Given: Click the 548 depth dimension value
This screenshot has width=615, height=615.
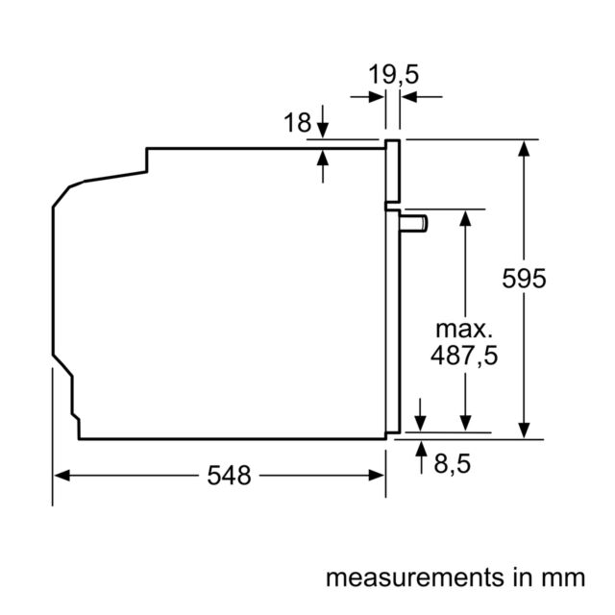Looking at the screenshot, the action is pyautogui.click(x=229, y=476).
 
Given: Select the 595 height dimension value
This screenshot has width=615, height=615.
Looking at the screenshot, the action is pyautogui.click(x=524, y=279).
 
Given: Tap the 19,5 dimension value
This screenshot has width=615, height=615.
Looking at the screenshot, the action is pyautogui.click(x=393, y=75).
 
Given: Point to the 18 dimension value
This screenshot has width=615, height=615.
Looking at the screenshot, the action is pyautogui.click(x=297, y=122).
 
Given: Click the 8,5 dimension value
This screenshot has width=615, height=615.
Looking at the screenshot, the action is pyautogui.click(x=452, y=463).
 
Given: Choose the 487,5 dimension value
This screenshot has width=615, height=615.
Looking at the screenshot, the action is pyautogui.click(x=464, y=356).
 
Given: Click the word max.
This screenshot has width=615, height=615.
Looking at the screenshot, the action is pyautogui.click(x=464, y=330).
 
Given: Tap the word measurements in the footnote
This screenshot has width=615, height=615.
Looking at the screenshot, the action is pyautogui.click(x=415, y=578).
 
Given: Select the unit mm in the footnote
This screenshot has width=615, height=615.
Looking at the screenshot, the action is pyautogui.click(x=563, y=578).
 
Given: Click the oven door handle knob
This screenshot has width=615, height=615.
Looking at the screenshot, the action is pyautogui.click(x=414, y=224).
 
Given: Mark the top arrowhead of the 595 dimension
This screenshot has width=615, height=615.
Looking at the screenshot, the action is pyautogui.click(x=524, y=148).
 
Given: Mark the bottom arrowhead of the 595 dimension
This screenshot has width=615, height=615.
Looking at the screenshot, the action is pyautogui.click(x=524, y=430).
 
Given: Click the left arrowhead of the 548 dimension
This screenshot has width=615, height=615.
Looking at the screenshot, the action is pyautogui.click(x=61, y=476).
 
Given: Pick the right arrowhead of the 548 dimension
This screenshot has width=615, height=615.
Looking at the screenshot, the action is pyautogui.click(x=377, y=476).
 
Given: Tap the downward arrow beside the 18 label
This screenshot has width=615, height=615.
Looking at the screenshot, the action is pyautogui.click(x=323, y=122).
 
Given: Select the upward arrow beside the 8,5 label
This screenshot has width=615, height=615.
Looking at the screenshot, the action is pyautogui.click(x=421, y=457).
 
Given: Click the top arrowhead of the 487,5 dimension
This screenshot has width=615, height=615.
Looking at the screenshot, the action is pyautogui.click(x=465, y=218).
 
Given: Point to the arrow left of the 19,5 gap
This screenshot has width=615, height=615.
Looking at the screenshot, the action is pyautogui.click(x=367, y=96).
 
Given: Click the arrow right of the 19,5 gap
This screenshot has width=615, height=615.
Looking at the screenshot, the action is pyautogui.click(x=422, y=96).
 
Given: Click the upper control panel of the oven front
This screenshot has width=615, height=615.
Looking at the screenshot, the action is pyautogui.click(x=393, y=171).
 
